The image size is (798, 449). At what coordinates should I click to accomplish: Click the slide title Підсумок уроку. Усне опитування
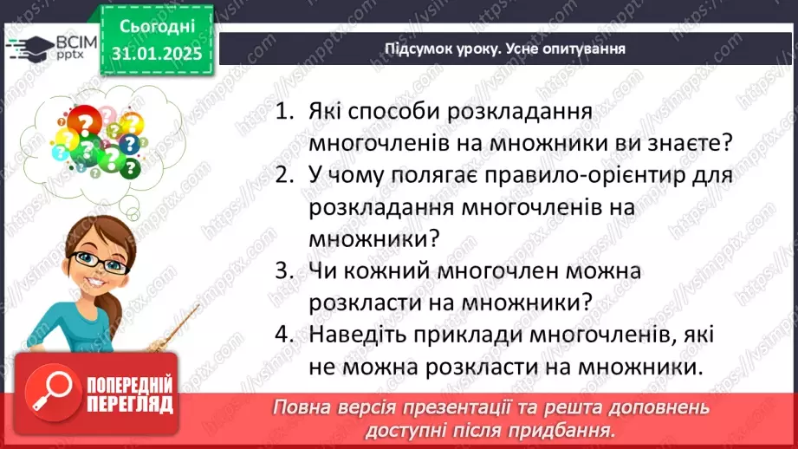[504, 49]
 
